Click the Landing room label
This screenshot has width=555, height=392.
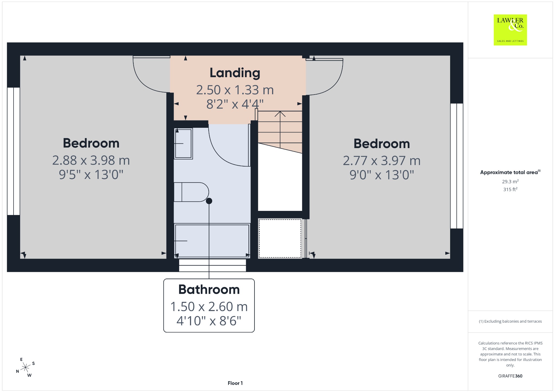pos(235,73)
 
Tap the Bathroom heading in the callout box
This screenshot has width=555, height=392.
pos(209,290)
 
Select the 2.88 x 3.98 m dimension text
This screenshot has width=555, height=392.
pos(91,161)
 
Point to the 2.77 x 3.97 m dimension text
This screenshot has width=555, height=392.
pos(382,161)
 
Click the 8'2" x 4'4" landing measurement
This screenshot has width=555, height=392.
pos(235,104)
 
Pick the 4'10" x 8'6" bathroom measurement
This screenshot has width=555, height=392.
pos(209,321)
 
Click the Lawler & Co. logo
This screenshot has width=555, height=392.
pos(510,30)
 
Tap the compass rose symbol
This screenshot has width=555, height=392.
pos(25,367)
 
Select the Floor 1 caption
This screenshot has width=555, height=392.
pos(235,383)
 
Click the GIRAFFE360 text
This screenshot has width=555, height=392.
pos(510,376)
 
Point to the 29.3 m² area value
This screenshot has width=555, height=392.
pos(510,182)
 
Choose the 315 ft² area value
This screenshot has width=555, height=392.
pos(510,190)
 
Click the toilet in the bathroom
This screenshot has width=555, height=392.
pos(191,192)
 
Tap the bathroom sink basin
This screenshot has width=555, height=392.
pos(183,143)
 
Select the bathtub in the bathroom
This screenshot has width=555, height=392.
pos(212,241)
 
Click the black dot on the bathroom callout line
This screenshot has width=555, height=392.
pos(209,201)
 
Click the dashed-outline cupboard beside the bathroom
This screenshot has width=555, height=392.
pos(280,239)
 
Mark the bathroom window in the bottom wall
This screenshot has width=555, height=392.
pos(212,265)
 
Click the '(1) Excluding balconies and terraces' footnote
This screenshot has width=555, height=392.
pos(510,321)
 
